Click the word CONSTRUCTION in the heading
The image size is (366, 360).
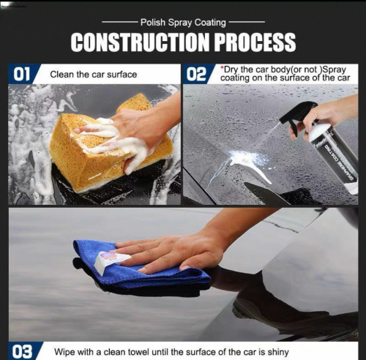pyautogui.click(x=140, y=42)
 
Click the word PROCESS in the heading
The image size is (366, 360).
pyautogui.click(x=255, y=42)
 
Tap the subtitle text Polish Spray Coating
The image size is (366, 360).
pyautogui.click(x=183, y=23)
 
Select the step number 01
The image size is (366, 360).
pyautogui.click(x=21, y=74)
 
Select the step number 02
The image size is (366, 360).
pyautogui.click(x=196, y=74)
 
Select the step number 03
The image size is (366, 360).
pyautogui.click(x=22, y=351)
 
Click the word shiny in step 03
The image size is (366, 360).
pyautogui.click(x=278, y=352)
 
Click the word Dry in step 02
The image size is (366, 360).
pyautogui.click(x=231, y=70)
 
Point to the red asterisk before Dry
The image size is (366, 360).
pyautogui.click(x=222, y=67)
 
